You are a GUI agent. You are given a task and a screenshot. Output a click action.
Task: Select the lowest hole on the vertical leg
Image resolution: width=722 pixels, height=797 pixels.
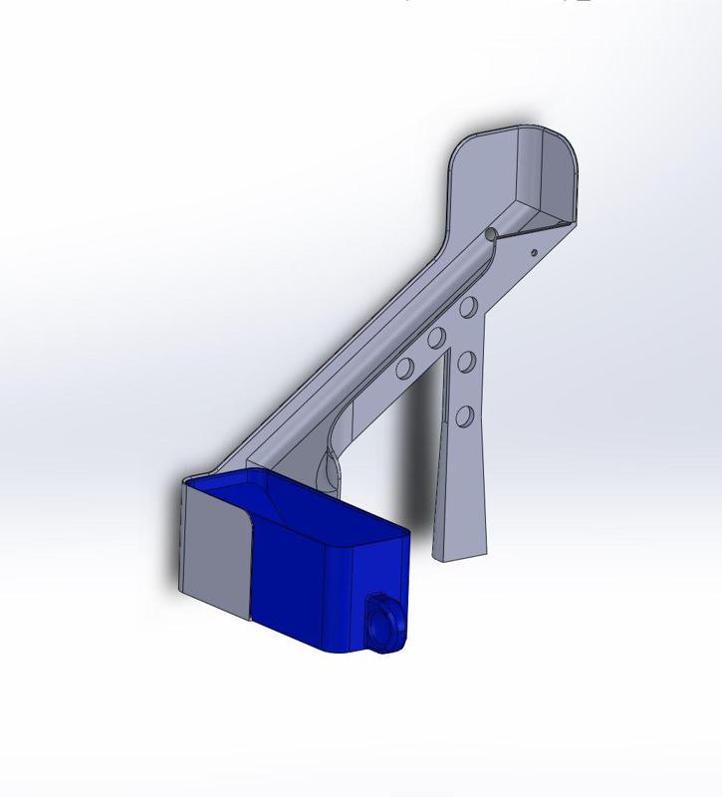pyautogui.click(x=464, y=415)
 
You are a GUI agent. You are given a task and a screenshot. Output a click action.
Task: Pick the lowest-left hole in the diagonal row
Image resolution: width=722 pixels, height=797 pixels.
pyautogui.click(x=404, y=370)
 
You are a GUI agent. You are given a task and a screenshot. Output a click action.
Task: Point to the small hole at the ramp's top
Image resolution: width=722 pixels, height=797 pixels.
pyautogui.click(x=491, y=234)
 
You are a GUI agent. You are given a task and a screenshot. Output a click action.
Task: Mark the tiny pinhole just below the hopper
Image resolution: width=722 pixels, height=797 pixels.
pyautogui.click(x=535, y=251)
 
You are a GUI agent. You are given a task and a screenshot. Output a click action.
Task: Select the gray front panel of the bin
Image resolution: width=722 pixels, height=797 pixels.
pyautogui.click(x=215, y=548)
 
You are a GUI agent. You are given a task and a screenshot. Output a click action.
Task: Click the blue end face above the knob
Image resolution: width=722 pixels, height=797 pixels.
pyautogui.click(x=383, y=568)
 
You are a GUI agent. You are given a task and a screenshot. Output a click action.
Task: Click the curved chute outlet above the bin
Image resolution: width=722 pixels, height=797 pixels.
pyautogui.click(x=329, y=468)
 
